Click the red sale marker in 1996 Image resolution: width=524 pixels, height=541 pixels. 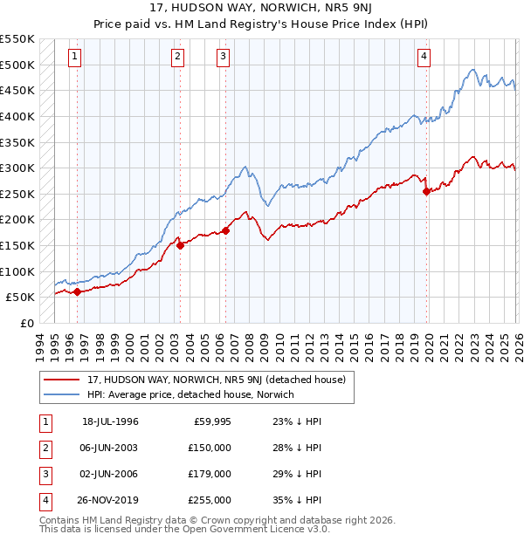77,292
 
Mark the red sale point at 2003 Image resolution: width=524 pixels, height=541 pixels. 180,245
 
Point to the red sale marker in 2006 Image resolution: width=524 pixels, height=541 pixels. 225,230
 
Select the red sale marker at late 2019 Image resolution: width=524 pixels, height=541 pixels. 426,191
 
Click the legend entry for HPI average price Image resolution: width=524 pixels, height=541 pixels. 190,394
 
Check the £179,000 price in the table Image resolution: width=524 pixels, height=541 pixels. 210,474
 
